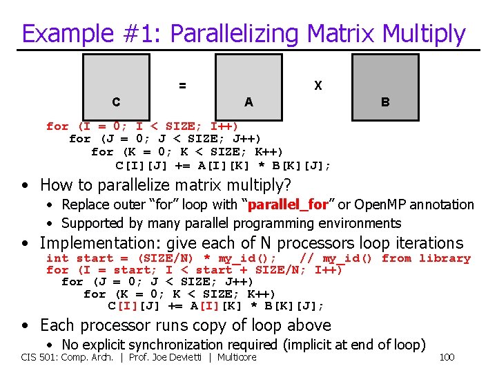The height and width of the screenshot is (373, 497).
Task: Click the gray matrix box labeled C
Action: pos(116,82)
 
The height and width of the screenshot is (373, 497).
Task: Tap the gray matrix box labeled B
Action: pos(384,82)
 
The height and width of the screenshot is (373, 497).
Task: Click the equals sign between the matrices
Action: pos(182,86)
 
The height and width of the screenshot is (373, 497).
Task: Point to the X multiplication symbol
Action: pos(318,86)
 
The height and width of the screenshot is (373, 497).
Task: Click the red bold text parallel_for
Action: pos(286,205)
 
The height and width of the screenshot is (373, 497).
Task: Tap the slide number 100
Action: pos(447,357)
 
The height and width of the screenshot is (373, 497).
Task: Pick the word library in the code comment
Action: pos(445,258)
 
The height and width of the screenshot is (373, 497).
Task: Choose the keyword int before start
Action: pos(57,258)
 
